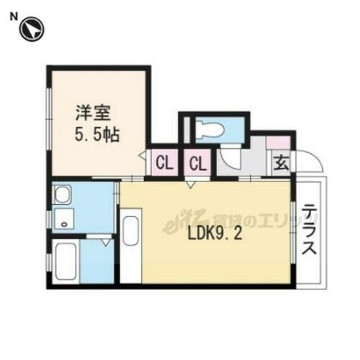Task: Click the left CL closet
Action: [x=164, y=163]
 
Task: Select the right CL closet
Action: [x=197, y=163]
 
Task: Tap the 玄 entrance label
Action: [x=280, y=163]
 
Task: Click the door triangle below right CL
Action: [x=190, y=185]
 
